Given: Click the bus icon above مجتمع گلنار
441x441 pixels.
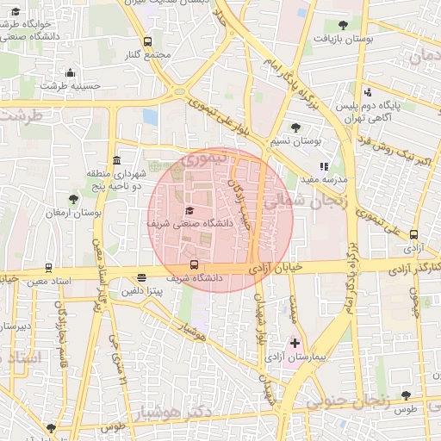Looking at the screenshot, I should click(147, 41).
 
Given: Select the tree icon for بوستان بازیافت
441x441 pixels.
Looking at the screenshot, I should click(344, 25).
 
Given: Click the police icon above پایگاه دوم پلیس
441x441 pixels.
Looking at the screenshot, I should click(368, 92).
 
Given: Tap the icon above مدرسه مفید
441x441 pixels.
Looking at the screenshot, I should click(324, 166).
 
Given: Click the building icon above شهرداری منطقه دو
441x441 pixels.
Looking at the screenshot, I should click(116, 160).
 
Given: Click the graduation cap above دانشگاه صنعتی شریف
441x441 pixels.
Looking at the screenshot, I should click(189, 210).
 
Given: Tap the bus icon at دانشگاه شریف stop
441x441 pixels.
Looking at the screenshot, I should click(194, 265).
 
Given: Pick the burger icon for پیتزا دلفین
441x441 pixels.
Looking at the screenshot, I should click(141, 277).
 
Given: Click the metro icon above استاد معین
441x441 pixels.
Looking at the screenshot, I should click(47, 267).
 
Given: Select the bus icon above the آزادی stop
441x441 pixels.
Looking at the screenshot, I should click(414, 233).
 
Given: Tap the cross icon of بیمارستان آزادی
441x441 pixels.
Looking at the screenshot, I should click(295, 343).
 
